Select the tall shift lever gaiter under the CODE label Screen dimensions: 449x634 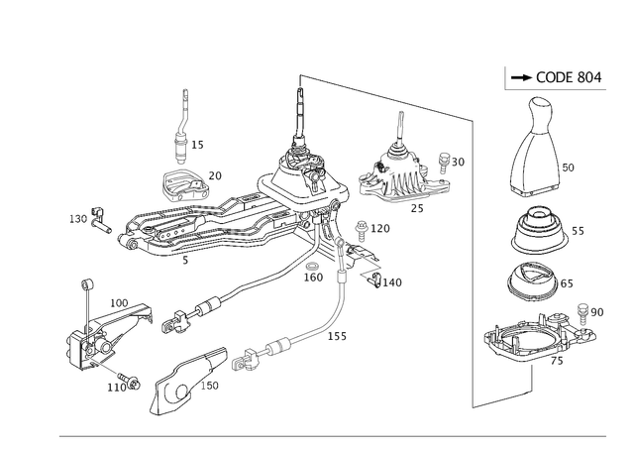[534, 159]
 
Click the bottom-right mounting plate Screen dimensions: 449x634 [535, 337]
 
